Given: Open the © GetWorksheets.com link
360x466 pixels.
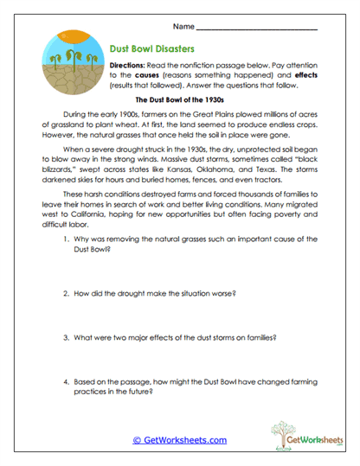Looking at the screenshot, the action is coord(179,440).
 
